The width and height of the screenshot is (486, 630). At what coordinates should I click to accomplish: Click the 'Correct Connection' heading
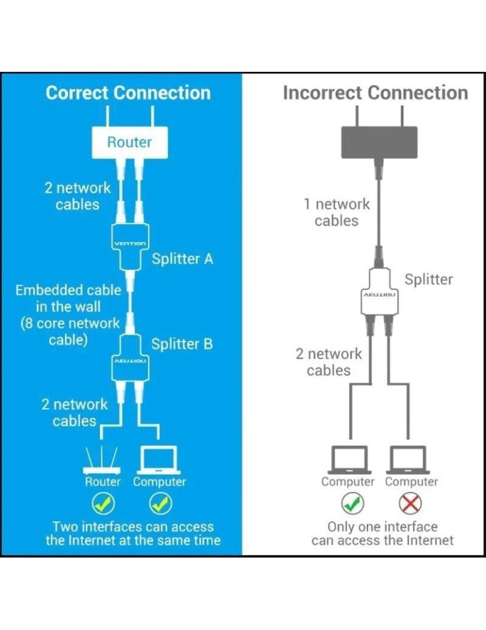pyautogui.click(x=128, y=93)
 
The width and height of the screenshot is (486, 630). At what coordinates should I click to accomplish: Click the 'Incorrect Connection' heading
pyautogui.click(x=375, y=93)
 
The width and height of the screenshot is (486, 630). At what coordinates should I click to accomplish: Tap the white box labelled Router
pyautogui.click(x=129, y=142)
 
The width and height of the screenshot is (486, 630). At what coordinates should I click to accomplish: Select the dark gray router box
pyautogui.click(x=379, y=142)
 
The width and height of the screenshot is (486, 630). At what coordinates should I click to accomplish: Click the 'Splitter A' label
pyautogui.click(x=182, y=259)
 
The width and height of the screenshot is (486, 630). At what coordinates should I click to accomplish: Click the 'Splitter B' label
pyautogui.click(x=182, y=344)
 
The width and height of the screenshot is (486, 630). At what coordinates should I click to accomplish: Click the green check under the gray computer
pyautogui.click(x=352, y=503)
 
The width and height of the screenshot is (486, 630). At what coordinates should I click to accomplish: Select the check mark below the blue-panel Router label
pyautogui.click(x=103, y=503)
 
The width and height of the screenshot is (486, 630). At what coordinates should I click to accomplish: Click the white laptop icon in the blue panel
pyautogui.click(x=159, y=461)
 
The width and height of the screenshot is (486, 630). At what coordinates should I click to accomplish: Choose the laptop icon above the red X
pyautogui.click(x=409, y=461)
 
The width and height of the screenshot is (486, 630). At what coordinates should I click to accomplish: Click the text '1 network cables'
pyautogui.click(x=336, y=212)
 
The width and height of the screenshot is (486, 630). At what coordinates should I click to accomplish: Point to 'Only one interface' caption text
pyautogui.click(x=382, y=527)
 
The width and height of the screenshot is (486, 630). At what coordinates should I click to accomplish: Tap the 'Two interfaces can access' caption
pyautogui.click(x=133, y=527)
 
